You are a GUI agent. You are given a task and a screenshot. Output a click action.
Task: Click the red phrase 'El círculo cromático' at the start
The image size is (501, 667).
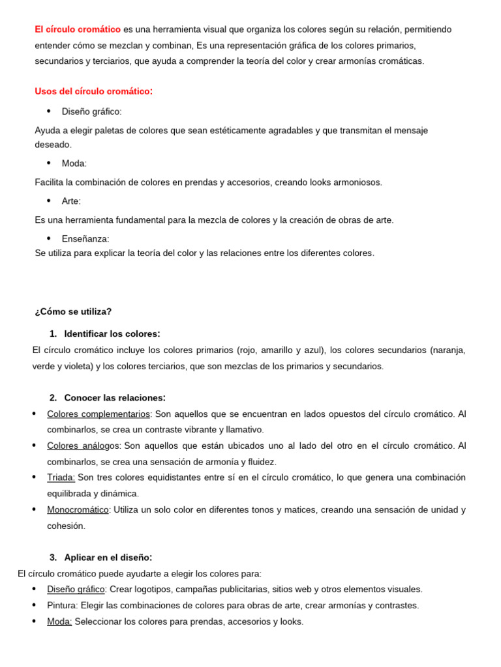[x=78, y=29]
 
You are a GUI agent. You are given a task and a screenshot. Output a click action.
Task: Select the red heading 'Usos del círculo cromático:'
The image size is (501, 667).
[x=93, y=91]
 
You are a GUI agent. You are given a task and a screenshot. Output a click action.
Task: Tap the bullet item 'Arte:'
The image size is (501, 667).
[x=71, y=201]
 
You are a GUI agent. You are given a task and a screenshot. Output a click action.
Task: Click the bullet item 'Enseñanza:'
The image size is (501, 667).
[x=85, y=239]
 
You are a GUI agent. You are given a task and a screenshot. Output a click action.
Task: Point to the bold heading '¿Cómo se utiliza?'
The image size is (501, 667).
[x=73, y=311]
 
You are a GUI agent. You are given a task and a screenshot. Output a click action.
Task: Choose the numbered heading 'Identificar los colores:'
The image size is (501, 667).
[x=112, y=333]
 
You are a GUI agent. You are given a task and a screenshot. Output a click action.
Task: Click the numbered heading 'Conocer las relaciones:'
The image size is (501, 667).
[x=114, y=397]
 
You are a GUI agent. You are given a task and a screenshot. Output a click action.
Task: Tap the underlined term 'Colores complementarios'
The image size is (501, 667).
[x=99, y=414]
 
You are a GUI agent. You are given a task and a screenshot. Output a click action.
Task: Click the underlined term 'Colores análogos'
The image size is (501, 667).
[x=84, y=446]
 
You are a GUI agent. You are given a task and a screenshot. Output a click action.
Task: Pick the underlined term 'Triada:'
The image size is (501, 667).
[x=61, y=477]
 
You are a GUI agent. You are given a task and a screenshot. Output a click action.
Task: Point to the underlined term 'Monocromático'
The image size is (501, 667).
[x=78, y=509]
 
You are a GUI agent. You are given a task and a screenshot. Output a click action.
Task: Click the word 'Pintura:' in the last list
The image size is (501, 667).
[x=63, y=605]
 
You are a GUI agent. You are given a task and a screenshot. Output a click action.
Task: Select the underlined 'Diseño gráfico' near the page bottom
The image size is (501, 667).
[x=76, y=589]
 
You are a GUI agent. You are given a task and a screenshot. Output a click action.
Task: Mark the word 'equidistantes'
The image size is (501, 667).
[x=168, y=477]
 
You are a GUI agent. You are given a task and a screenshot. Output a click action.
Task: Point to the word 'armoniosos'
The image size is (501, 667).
[x=358, y=182]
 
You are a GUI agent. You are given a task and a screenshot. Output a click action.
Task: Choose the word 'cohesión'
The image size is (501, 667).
[x=66, y=526]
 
